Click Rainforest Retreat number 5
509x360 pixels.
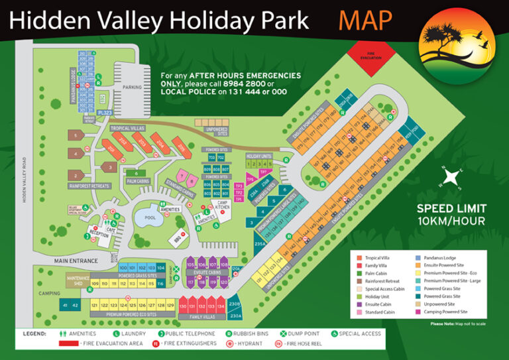click(x=77, y=137)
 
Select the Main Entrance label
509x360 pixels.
click(x=73, y=261)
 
